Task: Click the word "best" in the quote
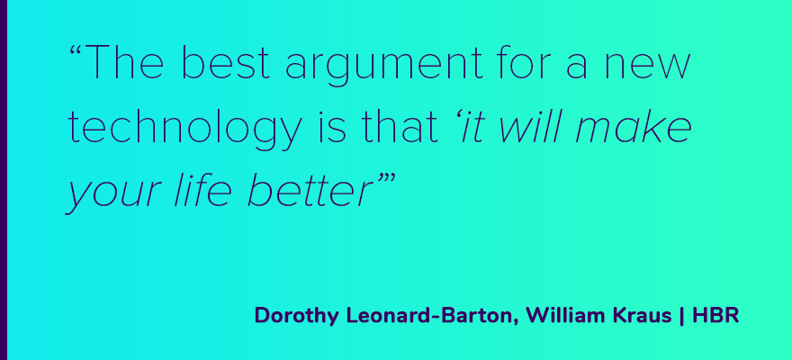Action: [225, 63]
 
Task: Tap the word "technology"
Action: [184, 129]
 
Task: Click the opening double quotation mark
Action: [76, 51]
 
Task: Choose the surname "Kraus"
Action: [641, 316]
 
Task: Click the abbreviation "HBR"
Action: [715, 316]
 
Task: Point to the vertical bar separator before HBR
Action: [682, 316]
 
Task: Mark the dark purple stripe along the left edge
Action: [4, 180]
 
